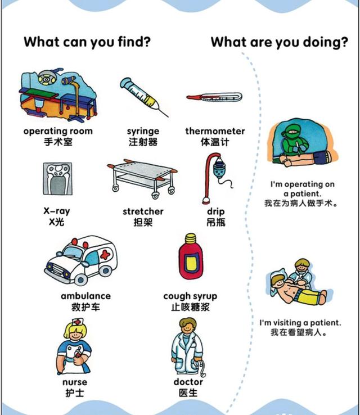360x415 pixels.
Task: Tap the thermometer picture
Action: click(x=214, y=97)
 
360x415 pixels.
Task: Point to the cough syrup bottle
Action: click(x=190, y=259)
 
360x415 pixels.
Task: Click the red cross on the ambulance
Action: click(x=104, y=255)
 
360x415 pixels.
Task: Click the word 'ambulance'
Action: click(x=85, y=296)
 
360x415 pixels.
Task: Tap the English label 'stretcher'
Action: click(x=143, y=211)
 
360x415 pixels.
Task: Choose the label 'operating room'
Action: click(x=58, y=131)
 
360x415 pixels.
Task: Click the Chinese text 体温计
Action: click(x=215, y=142)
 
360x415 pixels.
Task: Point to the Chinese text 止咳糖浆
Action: click(x=190, y=308)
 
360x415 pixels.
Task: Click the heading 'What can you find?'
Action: click(x=87, y=42)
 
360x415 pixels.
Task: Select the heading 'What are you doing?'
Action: click(x=279, y=42)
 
